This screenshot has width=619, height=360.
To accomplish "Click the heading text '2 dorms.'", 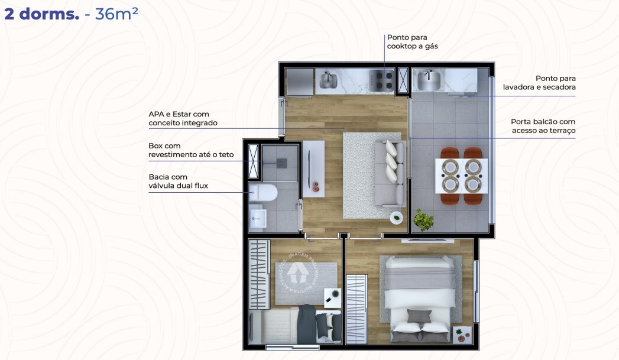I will point(41,14).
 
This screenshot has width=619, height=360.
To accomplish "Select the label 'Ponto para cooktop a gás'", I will point(412,41).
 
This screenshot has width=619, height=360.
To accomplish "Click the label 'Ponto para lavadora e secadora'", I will point(539,83).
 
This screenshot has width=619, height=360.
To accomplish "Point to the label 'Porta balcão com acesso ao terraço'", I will point(543,126).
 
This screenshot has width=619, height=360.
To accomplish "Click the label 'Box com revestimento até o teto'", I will point(191,150).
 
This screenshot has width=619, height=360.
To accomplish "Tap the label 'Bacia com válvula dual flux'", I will point(179,181).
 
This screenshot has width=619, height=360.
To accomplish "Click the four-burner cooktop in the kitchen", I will point(382,80).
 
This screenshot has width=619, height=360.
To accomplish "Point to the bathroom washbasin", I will point(258,218).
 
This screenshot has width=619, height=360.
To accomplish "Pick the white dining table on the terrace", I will point(461,176).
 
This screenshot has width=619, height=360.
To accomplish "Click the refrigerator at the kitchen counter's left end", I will point(299,82).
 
